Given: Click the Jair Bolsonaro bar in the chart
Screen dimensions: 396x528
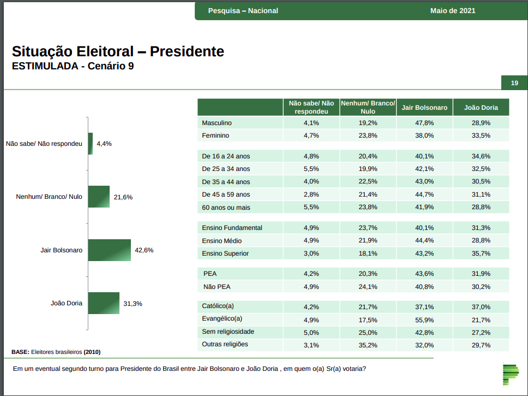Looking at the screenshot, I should pos(110,250).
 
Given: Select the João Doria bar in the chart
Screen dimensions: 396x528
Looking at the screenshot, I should pos(104,303).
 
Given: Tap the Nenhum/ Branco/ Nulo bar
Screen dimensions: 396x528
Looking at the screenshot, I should pos(99,197).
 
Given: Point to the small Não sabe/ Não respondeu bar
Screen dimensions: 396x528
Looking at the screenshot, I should pos(91,144).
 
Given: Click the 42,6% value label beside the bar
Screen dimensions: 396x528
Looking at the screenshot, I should pos(144,250).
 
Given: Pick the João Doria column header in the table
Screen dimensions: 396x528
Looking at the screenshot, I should pos(481,108).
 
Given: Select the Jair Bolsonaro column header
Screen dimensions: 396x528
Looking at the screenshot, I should pos(424,108).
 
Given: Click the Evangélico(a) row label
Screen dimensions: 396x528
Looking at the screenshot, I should pos(222,319).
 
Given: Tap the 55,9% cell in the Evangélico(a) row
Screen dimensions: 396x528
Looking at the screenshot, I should pos(424,320).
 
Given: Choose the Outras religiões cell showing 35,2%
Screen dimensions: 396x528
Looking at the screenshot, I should pos(368,345).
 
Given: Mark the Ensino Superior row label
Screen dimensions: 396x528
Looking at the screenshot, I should pos(225,253).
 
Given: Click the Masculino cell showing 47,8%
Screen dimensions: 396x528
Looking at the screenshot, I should pos(424,123).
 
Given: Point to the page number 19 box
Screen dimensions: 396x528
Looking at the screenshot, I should pos(514,83).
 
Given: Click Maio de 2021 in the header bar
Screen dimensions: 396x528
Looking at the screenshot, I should pos(453,10).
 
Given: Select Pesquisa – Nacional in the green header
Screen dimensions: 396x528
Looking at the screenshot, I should pos(243,10).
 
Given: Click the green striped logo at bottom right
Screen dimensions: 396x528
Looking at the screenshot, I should pos(511,374).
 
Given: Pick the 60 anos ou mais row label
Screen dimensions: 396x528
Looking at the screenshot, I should pos(225,208).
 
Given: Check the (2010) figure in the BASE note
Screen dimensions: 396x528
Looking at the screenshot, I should pos(92,352).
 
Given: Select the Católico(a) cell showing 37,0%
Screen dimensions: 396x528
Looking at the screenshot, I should pos(481,307).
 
